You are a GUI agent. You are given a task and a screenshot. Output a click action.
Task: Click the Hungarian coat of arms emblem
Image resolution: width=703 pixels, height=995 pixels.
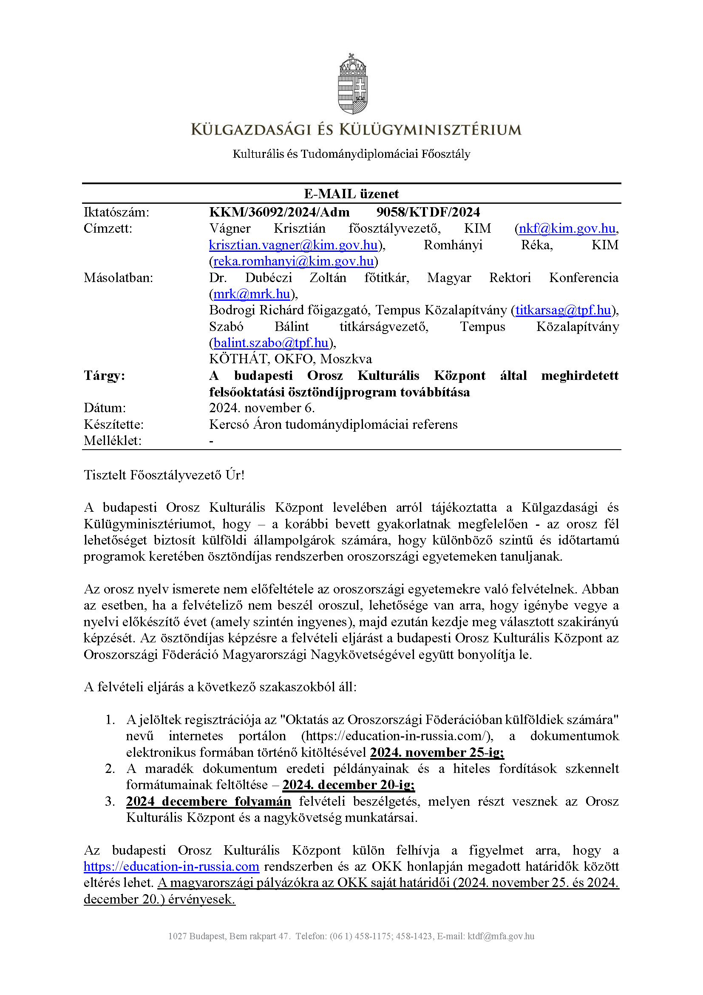click(x=352, y=84)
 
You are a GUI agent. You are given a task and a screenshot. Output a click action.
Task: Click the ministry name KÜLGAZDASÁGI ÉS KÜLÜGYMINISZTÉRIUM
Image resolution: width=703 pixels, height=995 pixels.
click(x=356, y=130)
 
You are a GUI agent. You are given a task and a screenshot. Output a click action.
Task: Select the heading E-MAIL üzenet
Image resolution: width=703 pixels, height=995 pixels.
click(x=351, y=194)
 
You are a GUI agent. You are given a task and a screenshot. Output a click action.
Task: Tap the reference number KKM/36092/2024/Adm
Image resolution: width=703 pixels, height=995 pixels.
click(x=279, y=212)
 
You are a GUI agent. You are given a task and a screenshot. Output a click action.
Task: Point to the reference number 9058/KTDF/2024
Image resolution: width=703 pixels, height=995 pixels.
click(x=428, y=212)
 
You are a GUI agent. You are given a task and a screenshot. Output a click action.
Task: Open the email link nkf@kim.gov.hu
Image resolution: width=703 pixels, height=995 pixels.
click(x=567, y=228)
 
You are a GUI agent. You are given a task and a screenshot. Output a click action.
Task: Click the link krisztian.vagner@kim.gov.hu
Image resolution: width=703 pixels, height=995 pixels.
click(x=293, y=245)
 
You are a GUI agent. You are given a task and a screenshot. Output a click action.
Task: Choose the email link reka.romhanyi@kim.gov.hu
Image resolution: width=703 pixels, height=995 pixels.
click(x=294, y=261)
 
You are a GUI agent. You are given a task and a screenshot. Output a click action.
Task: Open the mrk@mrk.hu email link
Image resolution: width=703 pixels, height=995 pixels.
click(x=252, y=294)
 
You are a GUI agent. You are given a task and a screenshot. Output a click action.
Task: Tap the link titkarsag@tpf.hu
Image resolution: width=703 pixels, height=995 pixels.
click(x=563, y=310)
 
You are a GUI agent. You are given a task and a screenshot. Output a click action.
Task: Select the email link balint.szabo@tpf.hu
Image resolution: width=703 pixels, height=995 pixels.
click(x=271, y=343)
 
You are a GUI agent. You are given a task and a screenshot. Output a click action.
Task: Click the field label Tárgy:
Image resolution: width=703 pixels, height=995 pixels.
click(x=104, y=375)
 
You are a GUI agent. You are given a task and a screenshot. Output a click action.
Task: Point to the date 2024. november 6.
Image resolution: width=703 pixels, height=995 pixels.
click(x=261, y=408)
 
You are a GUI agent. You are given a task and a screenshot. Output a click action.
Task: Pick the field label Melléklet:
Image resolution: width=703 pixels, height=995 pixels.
click(x=113, y=441)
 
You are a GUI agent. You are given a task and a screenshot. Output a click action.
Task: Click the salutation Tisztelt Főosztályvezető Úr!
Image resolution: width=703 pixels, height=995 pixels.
click(x=164, y=475)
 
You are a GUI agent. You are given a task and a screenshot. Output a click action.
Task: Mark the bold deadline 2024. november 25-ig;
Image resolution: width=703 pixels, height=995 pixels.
click(x=437, y=753)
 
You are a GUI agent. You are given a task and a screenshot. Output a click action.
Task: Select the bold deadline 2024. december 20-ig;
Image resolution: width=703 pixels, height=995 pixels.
click(x=349, y=785)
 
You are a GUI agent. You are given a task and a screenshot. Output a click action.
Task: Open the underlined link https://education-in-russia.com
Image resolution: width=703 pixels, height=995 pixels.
click(x=171, y=867)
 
